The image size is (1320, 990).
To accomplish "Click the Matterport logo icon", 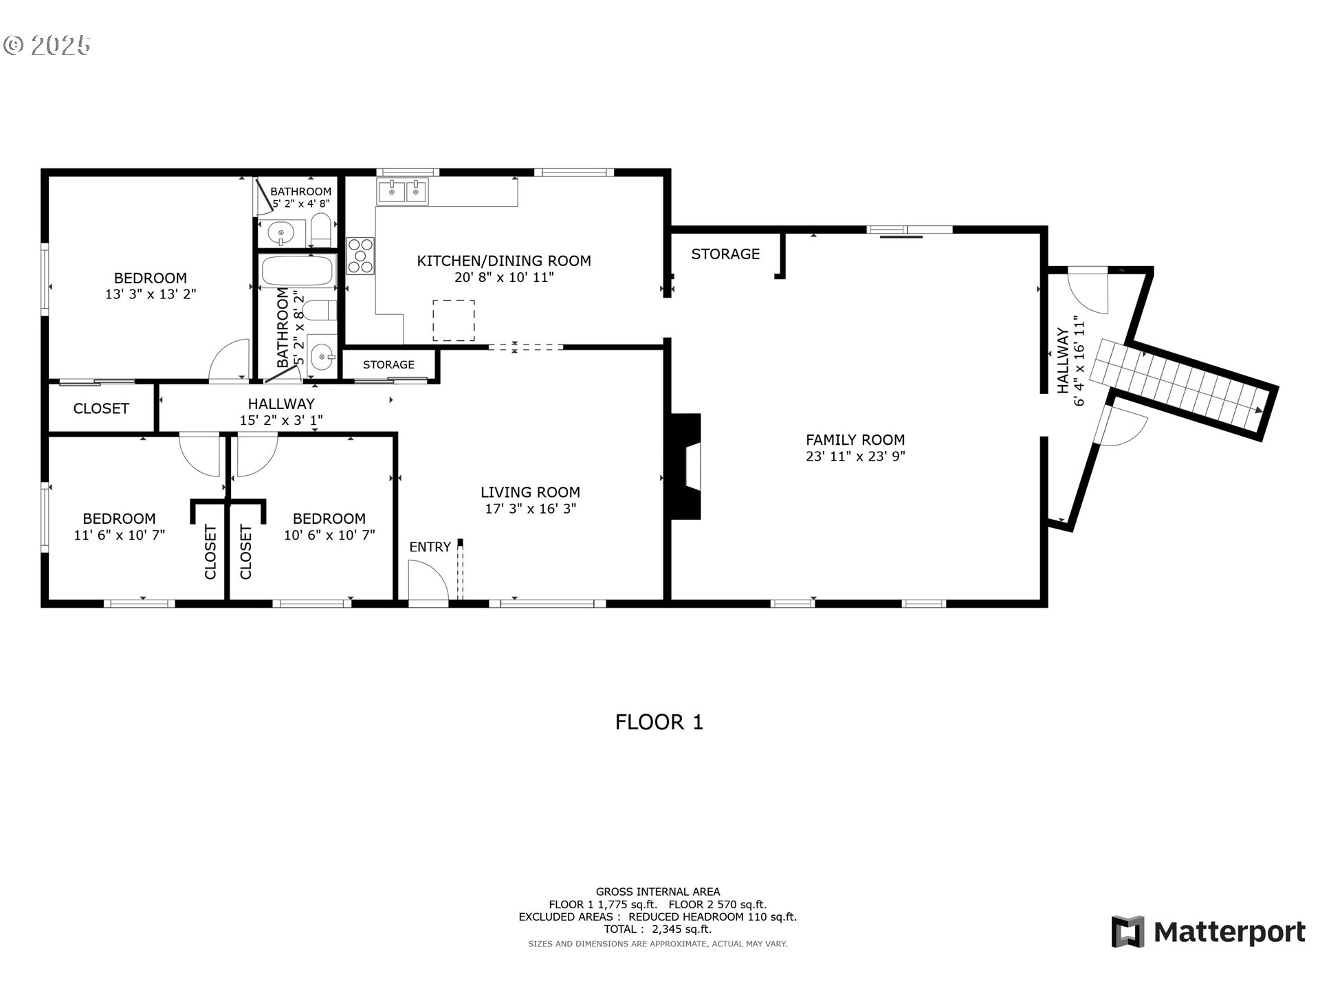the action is click(x=1127, y=932).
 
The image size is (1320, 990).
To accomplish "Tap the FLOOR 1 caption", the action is click(x=659, y=722).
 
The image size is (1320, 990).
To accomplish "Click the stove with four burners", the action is click(x=360, y=256).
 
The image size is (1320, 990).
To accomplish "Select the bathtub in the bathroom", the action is click(x=297, y=271).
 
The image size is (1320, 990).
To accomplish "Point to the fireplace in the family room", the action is click(x=686, y=466).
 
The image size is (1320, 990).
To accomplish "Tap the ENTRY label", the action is click(x=430, y=547).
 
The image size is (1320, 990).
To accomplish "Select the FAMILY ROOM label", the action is click(x=855, y=439).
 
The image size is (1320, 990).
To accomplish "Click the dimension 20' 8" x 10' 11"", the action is click(x=504, y=277).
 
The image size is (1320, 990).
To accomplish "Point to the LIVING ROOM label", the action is click(x=530, y=492).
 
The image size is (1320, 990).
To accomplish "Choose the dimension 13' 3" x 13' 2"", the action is click(x=151, y=294).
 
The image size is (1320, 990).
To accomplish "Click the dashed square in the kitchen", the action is click(x=453, y=320).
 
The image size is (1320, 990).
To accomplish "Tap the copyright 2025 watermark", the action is click(x=47, y=45).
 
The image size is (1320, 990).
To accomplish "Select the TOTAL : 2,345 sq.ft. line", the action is click(x=658, y=929).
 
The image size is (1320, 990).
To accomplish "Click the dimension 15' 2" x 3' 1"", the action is click(x=281, y=420).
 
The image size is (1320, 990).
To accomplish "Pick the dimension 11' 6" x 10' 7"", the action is click(x=120, y=535).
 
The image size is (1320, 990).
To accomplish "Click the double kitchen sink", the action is click(x=402, y=191).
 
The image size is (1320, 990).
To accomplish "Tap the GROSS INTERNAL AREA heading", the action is click(x=658, y=892).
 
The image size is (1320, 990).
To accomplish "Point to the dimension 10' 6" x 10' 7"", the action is click(x=329, y=535).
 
